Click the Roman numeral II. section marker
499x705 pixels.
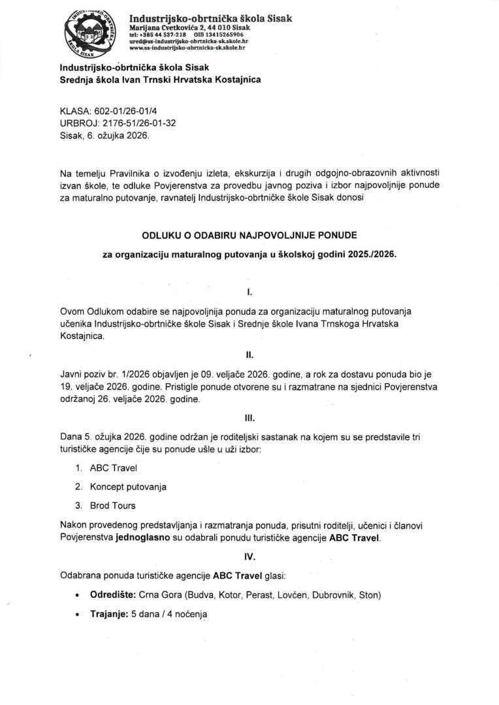click(249, 356)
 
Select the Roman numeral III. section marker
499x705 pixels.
click(249, 422)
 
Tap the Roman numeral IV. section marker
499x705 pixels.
click(249, 557)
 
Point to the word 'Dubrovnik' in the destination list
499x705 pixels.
click(332, 596)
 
